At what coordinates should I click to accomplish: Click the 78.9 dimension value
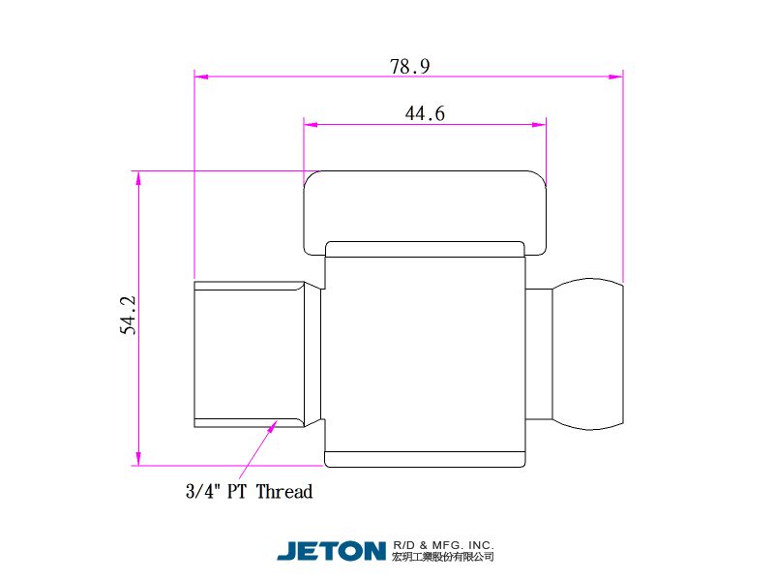click(409, 66)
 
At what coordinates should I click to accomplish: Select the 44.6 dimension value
click(425, 113)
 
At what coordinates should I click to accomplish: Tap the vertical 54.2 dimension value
click(128, 316)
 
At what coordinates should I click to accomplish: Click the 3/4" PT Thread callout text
click(250, 492)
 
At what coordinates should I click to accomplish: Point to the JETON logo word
click(331, 551)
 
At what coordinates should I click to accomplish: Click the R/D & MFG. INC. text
click(443, 545)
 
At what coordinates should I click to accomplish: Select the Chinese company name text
click(443, 557)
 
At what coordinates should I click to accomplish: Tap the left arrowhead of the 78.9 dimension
click(201, 76)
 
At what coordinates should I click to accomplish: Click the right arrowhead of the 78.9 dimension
click(616, 76)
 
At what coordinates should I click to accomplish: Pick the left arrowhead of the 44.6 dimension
click(311, 125)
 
